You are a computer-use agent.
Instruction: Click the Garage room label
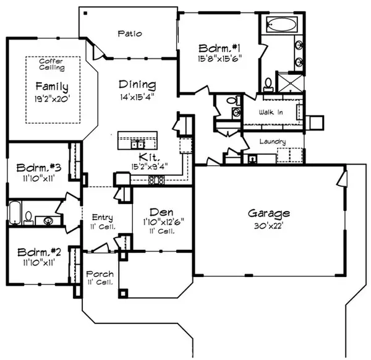[x=269, y=213]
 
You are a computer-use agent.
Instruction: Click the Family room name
[x=51, y=86]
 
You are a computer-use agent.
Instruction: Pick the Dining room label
[x=138, y=85]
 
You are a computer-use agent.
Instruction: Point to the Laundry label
[x=273, y=142]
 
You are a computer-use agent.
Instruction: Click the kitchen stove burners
[x=156, y=180]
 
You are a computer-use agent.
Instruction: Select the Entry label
[x=101, y=217]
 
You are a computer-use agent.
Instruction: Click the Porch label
[x=99, y=273]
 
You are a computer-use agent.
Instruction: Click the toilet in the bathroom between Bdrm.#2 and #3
[x=28, y=216]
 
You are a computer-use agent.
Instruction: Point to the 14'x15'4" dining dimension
[x=138, y=97]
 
